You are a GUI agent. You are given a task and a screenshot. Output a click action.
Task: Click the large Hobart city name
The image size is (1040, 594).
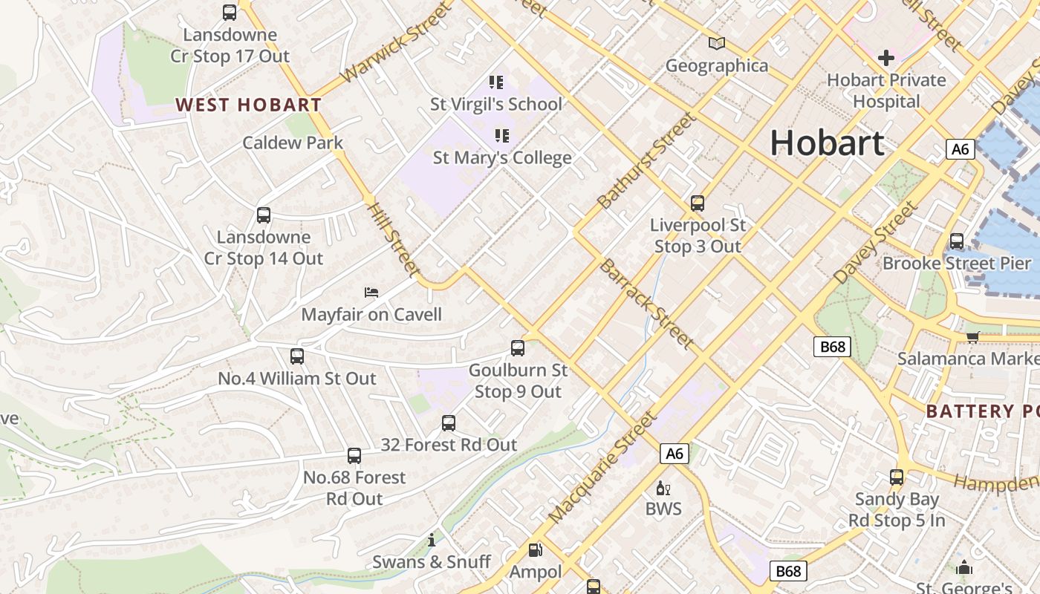coord(827,143)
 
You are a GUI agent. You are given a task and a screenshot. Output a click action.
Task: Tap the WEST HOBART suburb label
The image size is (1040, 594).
coord(249,105)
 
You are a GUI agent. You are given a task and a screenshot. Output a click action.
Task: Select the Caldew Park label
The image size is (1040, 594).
coord(293,143)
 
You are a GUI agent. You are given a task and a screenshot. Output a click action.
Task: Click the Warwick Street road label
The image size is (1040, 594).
coord(396,42)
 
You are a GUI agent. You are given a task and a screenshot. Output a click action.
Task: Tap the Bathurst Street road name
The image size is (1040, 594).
coord(647,160)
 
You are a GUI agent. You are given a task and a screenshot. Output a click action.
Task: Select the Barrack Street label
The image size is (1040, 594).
coord(646,304)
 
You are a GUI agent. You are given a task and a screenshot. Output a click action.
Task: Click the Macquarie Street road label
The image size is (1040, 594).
coord(602,467)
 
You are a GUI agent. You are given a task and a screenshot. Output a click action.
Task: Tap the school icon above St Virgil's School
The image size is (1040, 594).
coord(495,82)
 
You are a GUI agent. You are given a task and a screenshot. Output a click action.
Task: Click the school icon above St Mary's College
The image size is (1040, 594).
coord(502,136)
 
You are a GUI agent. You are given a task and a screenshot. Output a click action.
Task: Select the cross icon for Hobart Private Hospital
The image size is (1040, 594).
coord(885,58)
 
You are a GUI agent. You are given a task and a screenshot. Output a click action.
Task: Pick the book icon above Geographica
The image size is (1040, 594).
coord(716,44)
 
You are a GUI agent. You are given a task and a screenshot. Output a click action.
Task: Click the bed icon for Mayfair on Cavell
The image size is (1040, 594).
coord(371,293)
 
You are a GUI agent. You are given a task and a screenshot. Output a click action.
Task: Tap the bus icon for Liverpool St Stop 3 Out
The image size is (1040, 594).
coord(697,203)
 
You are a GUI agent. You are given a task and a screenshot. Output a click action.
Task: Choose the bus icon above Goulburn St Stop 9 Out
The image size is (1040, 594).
coord(518,347)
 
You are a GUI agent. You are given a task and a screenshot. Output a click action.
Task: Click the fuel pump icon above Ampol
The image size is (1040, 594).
coord(535,550)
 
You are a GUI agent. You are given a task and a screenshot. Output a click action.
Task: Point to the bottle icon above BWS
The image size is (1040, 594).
coord(663,488)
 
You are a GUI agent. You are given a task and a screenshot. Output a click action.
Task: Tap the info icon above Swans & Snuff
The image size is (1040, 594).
coord(432,540)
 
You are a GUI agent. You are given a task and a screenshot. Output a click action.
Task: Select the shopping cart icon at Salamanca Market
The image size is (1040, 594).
coord(972,337)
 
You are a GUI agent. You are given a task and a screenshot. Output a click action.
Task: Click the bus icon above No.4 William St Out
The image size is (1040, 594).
coord(297,356)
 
